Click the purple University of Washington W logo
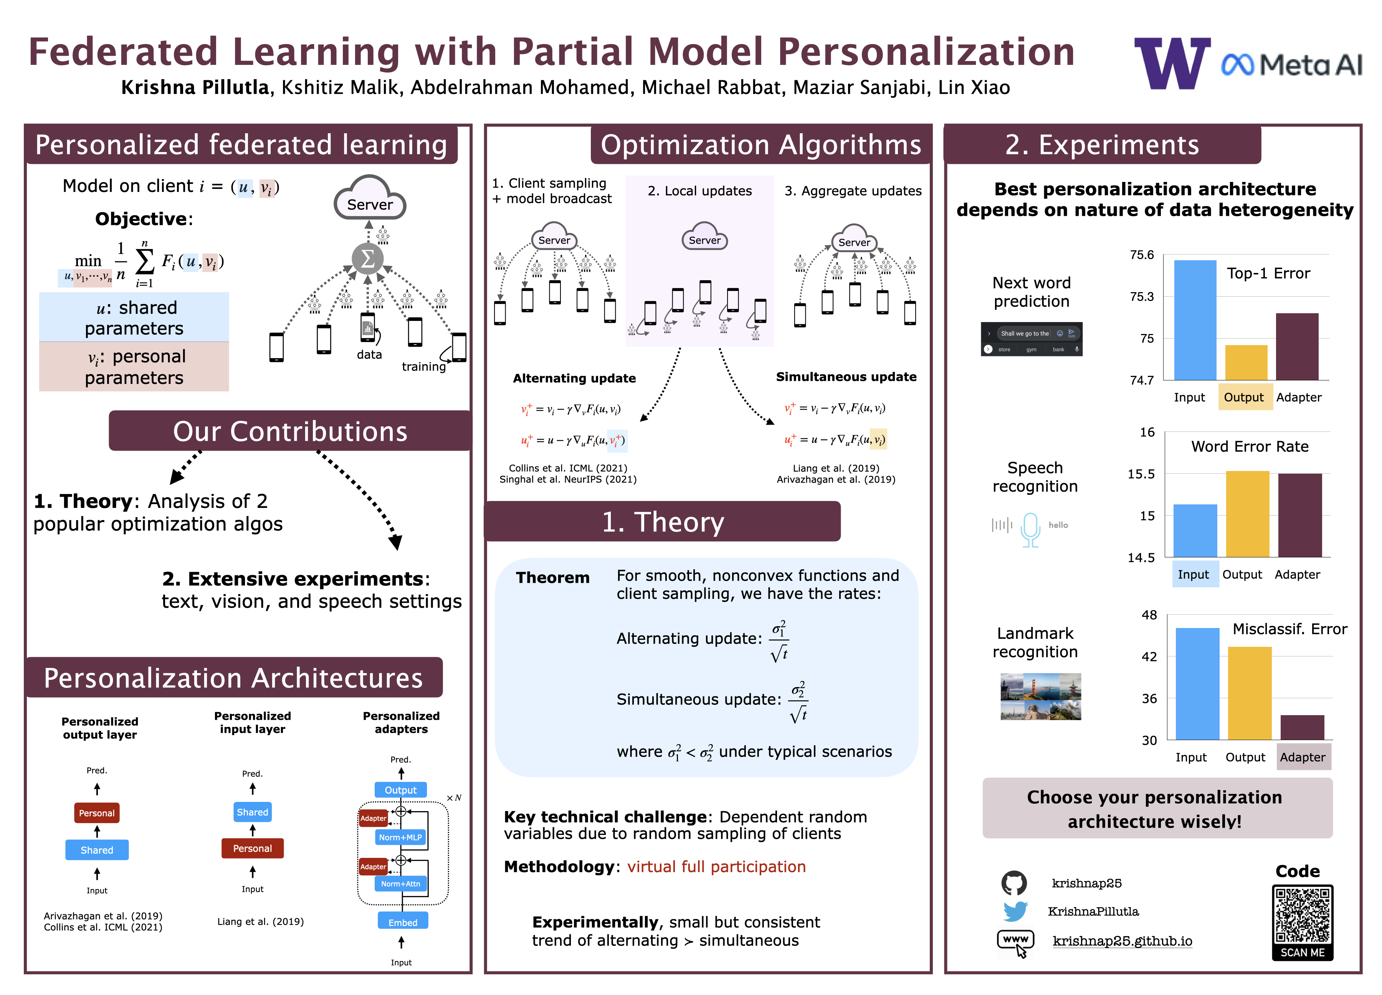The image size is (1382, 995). click(1171, 63)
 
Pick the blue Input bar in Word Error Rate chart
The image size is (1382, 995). click(1195, 530)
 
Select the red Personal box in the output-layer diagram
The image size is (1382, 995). click(97, 813)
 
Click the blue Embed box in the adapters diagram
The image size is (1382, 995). click(403, 922)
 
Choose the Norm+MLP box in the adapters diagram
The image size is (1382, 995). click(400, 837)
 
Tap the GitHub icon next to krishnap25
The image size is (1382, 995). click(1014, 883)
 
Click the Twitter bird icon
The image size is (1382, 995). click(1015, 912)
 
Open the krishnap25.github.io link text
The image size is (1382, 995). click(1122, 941)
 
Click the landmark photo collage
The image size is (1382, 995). click(1040, 696)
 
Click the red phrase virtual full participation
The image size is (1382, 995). click(716, 866)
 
